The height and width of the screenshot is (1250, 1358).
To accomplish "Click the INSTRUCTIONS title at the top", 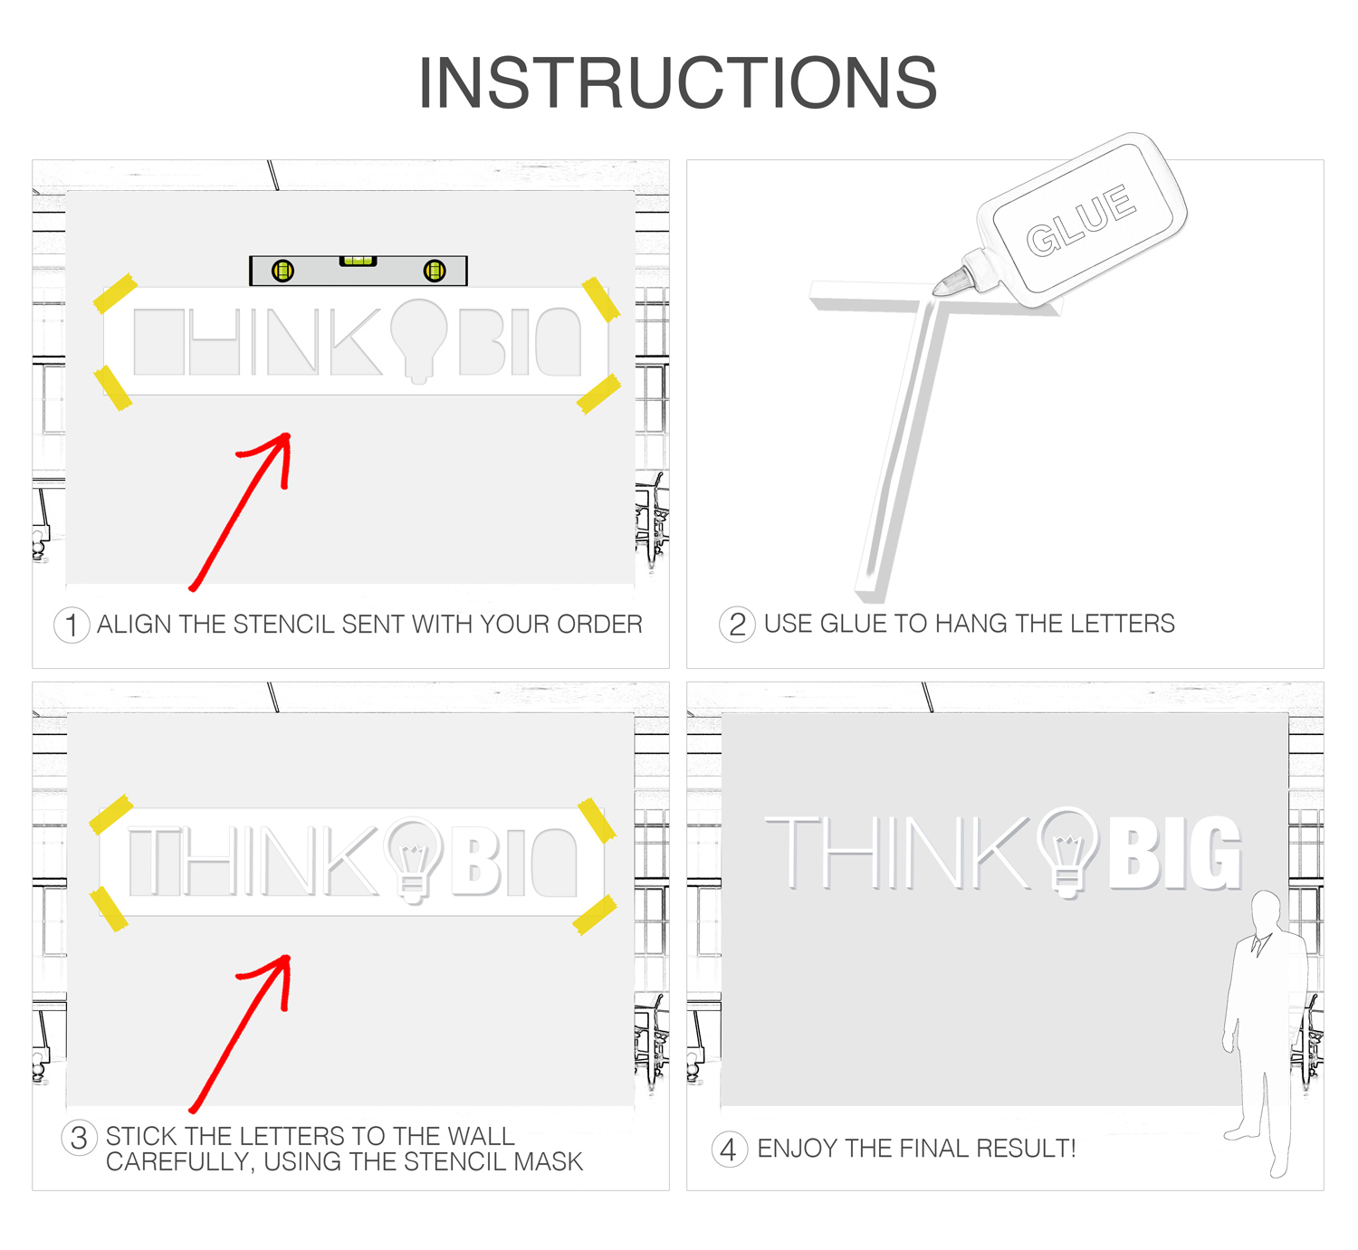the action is [x=678, y=82].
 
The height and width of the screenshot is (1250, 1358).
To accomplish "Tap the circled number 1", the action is [x=72, y=625].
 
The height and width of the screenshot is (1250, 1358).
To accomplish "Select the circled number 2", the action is [x=737, y=625].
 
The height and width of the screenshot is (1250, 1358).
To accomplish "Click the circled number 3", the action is [x=79, y=1138].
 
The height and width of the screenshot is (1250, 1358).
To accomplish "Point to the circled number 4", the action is [x=729, y=1150].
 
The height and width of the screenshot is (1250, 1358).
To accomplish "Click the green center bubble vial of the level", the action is [x=359, y=261].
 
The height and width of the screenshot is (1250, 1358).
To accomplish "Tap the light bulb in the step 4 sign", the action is [x=1066, y=852].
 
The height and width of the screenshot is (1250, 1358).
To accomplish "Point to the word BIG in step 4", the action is [x=1175, y=853].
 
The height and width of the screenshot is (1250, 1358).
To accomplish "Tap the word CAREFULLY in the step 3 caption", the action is [x=178, y=1162].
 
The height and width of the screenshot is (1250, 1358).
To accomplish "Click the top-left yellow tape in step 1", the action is [x=115, y=293].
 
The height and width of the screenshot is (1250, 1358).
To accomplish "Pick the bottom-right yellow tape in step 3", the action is [x=595, y=915].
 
